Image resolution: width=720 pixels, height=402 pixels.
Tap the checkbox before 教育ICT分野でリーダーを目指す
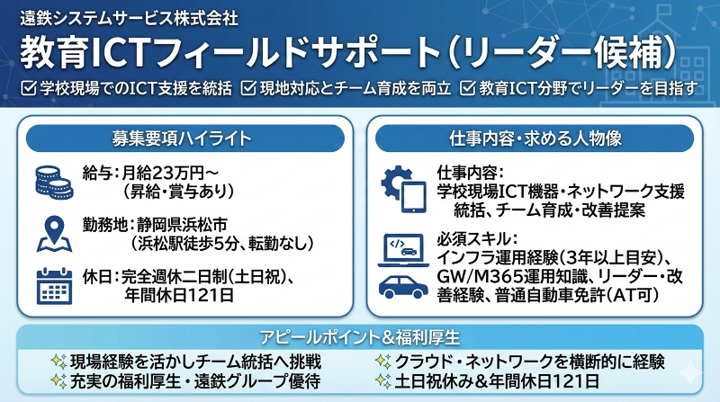click(x=466, y=88)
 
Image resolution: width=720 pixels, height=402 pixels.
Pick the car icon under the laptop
click(x=402, y=286)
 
